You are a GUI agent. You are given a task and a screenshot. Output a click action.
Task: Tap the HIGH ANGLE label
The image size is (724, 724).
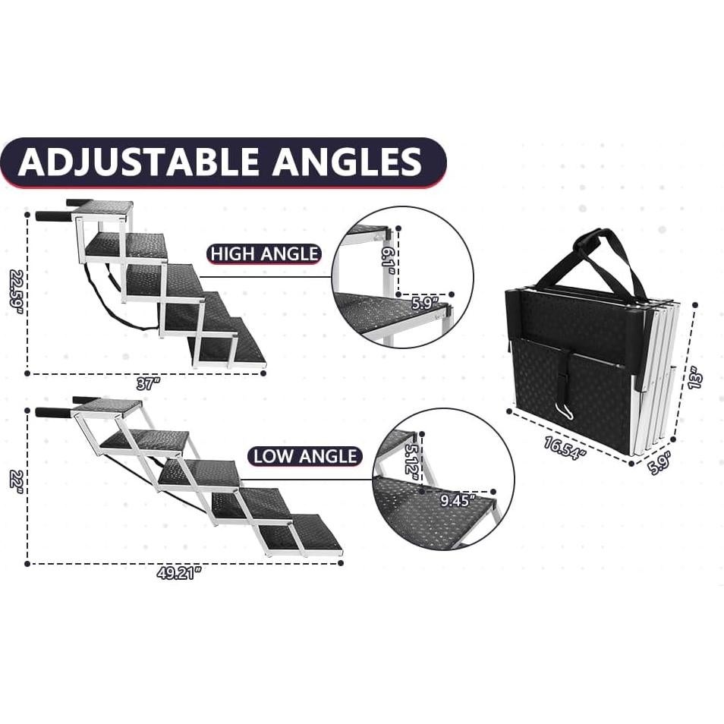[264, 253]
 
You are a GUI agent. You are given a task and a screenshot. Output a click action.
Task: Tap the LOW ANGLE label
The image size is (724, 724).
[304, 456]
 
